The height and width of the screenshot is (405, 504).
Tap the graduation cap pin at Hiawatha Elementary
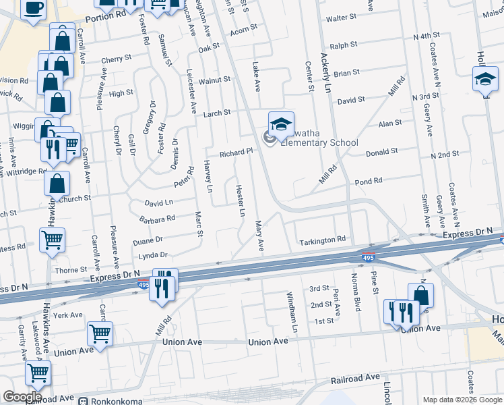pos(281,124)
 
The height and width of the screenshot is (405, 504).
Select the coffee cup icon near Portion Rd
pos(34,8)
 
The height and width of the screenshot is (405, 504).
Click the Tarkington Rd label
pos(323,240)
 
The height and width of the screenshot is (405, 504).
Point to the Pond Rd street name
pos(368,181)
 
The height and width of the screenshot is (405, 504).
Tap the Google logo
pos(22,397)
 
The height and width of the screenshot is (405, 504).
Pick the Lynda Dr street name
pos(152,255)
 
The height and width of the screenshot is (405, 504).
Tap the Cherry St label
pos(116,59)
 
